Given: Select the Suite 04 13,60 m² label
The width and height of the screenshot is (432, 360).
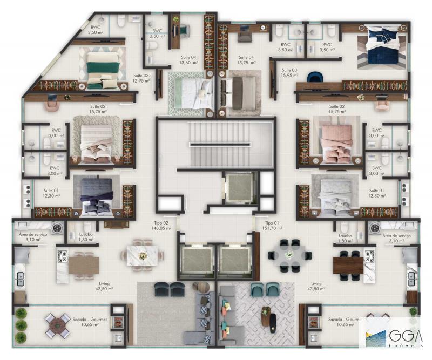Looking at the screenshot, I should (x=188, y=60).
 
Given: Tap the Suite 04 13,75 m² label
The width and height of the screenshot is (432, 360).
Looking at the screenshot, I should (x=246, y=60).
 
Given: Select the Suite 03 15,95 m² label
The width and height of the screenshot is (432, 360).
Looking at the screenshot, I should (x=289, y=73).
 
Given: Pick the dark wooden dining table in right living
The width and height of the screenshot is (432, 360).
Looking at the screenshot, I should (x=348, y=264).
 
